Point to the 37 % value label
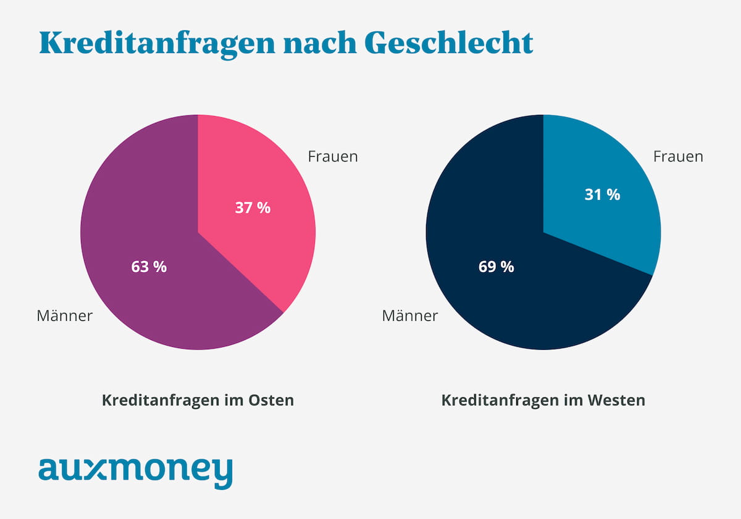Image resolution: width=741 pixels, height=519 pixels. [x=253, y=208]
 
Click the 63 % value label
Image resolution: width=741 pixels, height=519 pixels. [x=149, y=267]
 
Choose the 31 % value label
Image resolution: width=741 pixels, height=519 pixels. [x=602, y=194]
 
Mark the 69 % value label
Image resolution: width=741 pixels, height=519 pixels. [x=496, y=267]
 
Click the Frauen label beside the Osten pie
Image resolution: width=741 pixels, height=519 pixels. [x=333, y=156]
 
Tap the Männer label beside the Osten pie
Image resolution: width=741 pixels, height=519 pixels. [x=65, y=316]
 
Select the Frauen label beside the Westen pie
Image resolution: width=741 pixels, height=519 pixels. [x=678, y=156]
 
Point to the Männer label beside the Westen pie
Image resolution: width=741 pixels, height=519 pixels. [x=410, y=316]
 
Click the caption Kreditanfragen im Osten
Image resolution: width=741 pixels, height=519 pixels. [x=198, y=401]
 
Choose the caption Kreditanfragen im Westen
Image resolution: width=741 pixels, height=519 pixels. [x=543, y=401]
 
